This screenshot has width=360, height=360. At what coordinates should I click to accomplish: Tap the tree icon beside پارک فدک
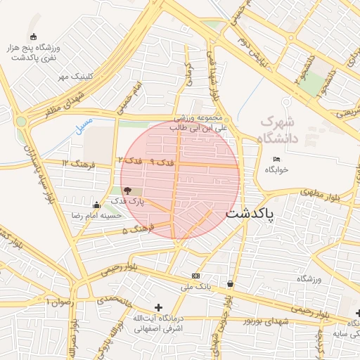[127, 190]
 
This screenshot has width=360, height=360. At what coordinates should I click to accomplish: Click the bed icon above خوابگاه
[276, 159]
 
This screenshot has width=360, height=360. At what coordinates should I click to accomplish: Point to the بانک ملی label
[195, 287]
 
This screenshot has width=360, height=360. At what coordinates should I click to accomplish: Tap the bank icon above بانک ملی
[195, 276]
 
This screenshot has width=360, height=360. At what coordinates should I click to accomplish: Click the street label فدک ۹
[161, 162]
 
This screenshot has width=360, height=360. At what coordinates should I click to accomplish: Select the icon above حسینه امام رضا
[96, 205]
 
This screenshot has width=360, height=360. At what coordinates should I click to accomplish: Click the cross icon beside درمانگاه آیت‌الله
[158, 307]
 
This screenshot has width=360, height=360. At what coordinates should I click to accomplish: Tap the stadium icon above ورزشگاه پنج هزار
[32, 37]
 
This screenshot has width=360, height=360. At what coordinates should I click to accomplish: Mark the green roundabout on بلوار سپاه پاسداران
[21, 121]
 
